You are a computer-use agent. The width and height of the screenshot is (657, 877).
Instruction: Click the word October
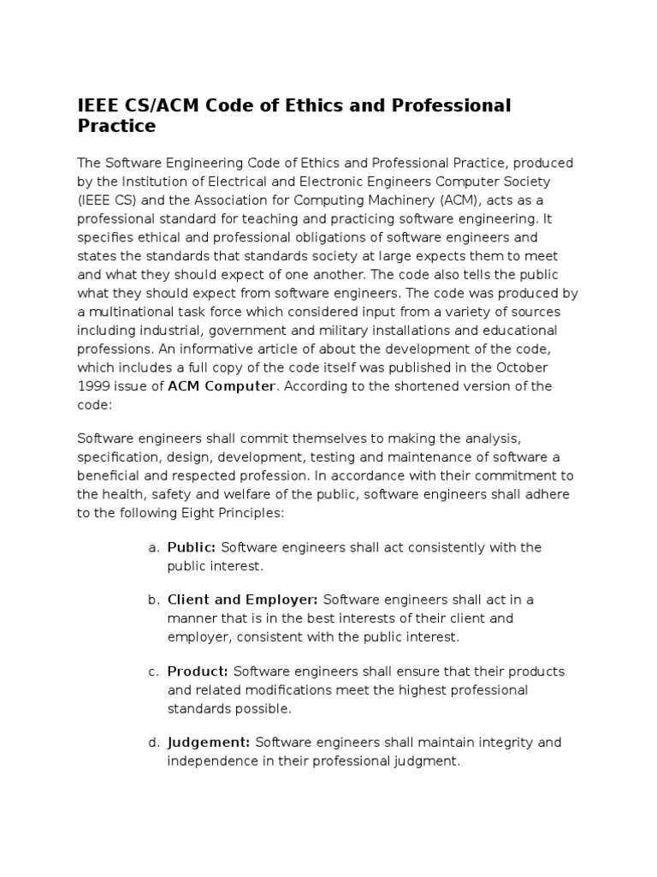pyautogui.click(x=522, y=367)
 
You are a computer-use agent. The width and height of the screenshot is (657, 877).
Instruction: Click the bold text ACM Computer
pyautogui.click(x=222, y=386)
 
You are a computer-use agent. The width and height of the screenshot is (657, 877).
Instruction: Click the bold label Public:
pyautogui.click(x=192, y=547)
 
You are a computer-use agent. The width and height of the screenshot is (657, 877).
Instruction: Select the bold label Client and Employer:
pyautogui.click(x=243, y=600)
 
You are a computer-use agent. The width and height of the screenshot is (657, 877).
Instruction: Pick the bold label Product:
pyautogui.click(x=198, y=671)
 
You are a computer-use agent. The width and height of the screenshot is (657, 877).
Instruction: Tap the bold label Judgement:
pyautogui.click(x=209, y=743)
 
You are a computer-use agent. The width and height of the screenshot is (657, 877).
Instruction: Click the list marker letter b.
pyautogui.click(x=151, y=600)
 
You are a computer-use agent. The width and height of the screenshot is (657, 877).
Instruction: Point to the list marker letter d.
pyautogui.click(x=151, y=743)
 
